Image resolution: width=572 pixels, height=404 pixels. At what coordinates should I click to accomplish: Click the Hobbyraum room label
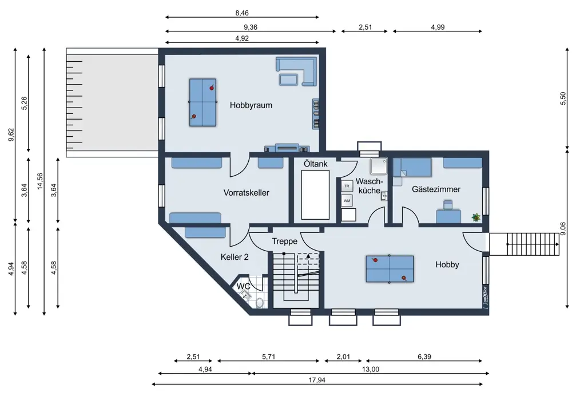[251, 105]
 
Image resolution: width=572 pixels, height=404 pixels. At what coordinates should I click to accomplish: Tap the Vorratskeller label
[246, 193]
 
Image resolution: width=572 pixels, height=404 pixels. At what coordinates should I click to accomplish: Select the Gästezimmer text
[436, 189]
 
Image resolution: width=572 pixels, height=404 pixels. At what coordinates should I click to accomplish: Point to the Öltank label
[316, 164]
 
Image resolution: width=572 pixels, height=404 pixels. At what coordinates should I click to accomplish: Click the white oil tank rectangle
[315, 195]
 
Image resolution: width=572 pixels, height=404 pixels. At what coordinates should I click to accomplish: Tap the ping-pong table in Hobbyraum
[202, 102]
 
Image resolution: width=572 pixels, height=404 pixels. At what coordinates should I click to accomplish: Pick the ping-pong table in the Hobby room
[390, 269]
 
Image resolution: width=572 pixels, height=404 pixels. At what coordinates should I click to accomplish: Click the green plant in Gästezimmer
[476, 217]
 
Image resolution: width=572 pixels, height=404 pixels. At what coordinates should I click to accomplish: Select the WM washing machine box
[347, 200]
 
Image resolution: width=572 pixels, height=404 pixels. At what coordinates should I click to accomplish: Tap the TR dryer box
[347, 186]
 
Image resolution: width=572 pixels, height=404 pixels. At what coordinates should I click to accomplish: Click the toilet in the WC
[260, 303]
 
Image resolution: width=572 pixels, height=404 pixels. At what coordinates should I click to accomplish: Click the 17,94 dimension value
[317, 380]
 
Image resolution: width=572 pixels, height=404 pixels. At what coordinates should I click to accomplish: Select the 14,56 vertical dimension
[40, 181]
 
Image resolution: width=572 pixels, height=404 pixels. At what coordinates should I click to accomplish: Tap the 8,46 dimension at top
[242, 13]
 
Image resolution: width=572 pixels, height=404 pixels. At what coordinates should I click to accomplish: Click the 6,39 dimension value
[424, 357]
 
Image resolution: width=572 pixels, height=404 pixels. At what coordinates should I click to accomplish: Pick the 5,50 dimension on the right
[562, 98]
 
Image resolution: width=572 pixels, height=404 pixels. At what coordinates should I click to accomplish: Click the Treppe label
[284, 241]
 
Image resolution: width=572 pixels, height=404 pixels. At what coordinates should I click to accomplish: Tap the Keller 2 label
[235, 257]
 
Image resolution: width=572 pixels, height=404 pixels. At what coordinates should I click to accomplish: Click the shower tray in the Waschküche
[379, 167]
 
